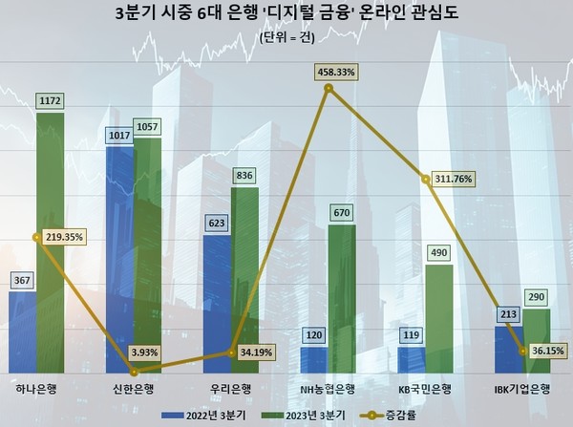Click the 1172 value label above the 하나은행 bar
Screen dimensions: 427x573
click(x=50, y=98)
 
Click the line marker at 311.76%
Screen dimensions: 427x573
click(x=425, y=178)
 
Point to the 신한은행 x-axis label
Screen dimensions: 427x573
click(x=133, y=388)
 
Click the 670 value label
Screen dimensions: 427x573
click(x=342, y=211)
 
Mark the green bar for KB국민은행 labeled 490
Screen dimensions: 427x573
click(x=439, y=320)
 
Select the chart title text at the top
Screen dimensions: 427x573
click(x=286, y=14)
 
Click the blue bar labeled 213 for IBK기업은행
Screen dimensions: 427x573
click(x=508, y=350)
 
